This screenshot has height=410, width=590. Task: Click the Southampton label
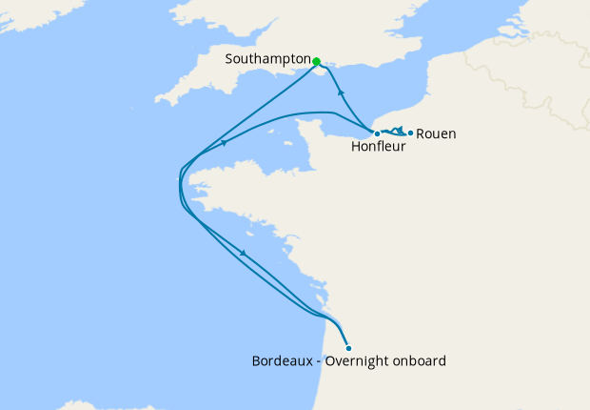pos(267,59)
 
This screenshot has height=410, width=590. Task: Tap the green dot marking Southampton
pos(316,61)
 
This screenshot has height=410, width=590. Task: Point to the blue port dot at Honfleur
pos(377,133)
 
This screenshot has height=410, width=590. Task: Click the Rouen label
pos(436,133)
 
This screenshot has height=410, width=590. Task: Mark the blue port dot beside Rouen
pos(410,133)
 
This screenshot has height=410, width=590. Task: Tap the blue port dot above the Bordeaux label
pos(349,348)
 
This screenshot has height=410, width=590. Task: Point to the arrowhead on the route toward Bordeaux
pos(245,253)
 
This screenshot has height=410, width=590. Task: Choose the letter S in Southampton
pos(229,59)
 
